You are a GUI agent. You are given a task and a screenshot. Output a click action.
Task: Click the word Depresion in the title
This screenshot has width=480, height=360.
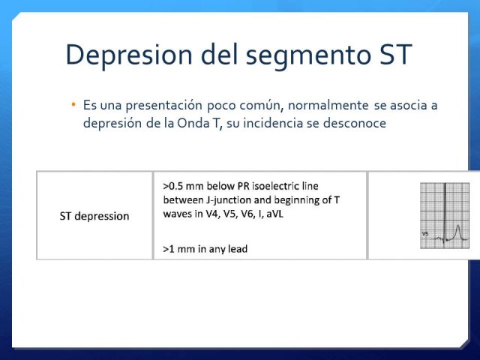coord(129,55)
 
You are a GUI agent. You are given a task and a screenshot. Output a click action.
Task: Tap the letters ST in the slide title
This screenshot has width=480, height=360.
coord(395,55)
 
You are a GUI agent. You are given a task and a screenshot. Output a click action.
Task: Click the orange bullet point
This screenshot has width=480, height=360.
coord(73,105)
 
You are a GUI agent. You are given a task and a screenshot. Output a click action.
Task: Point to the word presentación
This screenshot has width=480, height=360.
coord(163,106)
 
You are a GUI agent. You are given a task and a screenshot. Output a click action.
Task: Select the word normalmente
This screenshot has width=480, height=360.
coord(328,105)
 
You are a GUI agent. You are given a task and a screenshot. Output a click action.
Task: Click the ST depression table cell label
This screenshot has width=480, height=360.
coord(94,217)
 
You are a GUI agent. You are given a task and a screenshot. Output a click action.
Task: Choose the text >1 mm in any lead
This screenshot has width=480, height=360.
coord(205,249)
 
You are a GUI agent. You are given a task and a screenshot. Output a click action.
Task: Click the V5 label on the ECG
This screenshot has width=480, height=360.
coord(425,234)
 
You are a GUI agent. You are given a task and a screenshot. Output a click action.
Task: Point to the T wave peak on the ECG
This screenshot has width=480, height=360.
coord(458,226)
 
